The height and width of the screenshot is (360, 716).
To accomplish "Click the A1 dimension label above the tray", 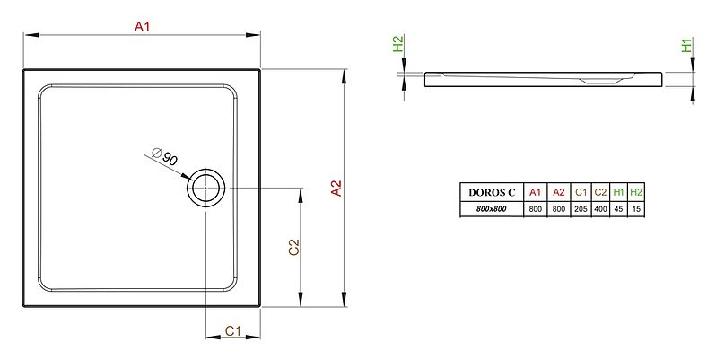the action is tap(142, 27).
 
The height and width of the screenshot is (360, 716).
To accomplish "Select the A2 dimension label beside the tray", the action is tap(336, 189).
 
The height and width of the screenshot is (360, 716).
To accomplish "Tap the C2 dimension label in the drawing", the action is tap(294, 247).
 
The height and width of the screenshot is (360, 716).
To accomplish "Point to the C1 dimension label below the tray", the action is tap(233, 330).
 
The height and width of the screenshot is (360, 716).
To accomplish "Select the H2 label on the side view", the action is tap(398, 44).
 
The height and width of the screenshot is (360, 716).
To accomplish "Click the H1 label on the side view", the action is tap(687, 45).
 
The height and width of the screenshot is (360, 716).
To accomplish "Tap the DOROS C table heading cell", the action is tap(492, 193).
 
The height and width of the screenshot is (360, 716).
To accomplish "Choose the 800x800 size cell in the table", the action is tap(492, 209).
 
